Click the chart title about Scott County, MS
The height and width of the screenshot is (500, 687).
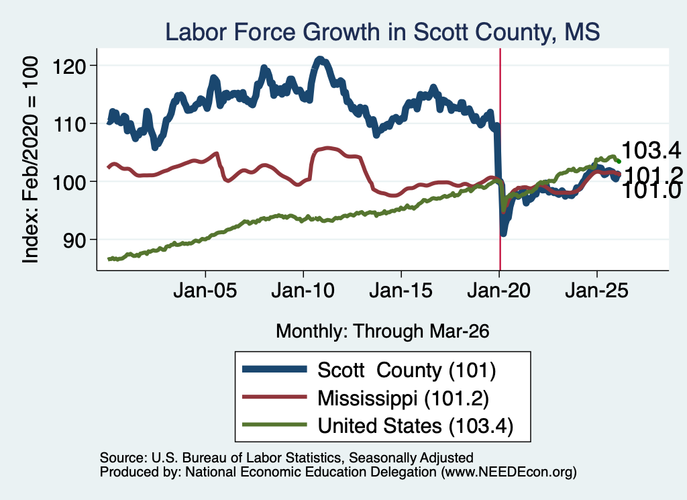click(382, 32)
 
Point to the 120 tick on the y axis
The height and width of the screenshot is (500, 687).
click(69, 66)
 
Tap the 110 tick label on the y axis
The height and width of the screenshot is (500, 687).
click(69, 124)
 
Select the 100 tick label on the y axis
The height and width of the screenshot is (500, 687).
click(69, 183)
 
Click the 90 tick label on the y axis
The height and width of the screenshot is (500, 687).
click(74, 240)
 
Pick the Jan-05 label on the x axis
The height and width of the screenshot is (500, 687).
click(205, 290)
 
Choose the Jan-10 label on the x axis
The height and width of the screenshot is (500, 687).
click(303, 290)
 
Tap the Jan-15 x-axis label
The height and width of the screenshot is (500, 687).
click(401, 290)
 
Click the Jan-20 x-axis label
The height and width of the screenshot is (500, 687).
click(499, 290)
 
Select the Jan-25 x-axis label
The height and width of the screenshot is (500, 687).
click(596, 290)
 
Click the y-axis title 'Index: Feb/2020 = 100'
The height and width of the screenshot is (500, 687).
click(31, 160)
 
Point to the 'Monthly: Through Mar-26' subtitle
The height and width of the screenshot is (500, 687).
click(382, 331)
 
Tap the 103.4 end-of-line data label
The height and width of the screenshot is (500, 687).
click(651, 150)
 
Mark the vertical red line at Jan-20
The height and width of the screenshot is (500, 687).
click(500, 160)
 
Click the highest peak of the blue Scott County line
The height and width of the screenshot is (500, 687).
click(320, 59)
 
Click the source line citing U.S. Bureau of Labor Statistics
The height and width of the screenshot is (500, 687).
click(286, 458)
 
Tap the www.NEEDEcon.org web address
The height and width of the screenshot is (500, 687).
click(509, 472)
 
